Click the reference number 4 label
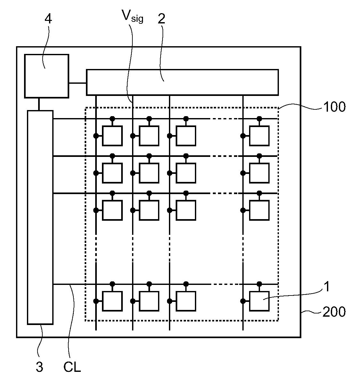[48, 19]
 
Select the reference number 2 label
[161, 19]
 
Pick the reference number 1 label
[327, 287]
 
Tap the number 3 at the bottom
[39, 367]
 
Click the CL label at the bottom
[72, 367]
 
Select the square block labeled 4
[47, 76]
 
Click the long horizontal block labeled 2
[182, 82]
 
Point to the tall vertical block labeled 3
[40, 217]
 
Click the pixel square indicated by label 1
[259, 301]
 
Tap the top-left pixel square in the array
[112, 136]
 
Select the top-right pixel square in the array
[259, 136]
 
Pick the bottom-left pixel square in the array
[112, 301]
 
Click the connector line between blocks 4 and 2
[78, 83]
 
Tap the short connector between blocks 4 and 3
[39, 104]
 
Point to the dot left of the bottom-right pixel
[243, 301]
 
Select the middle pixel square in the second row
[149, 173]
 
